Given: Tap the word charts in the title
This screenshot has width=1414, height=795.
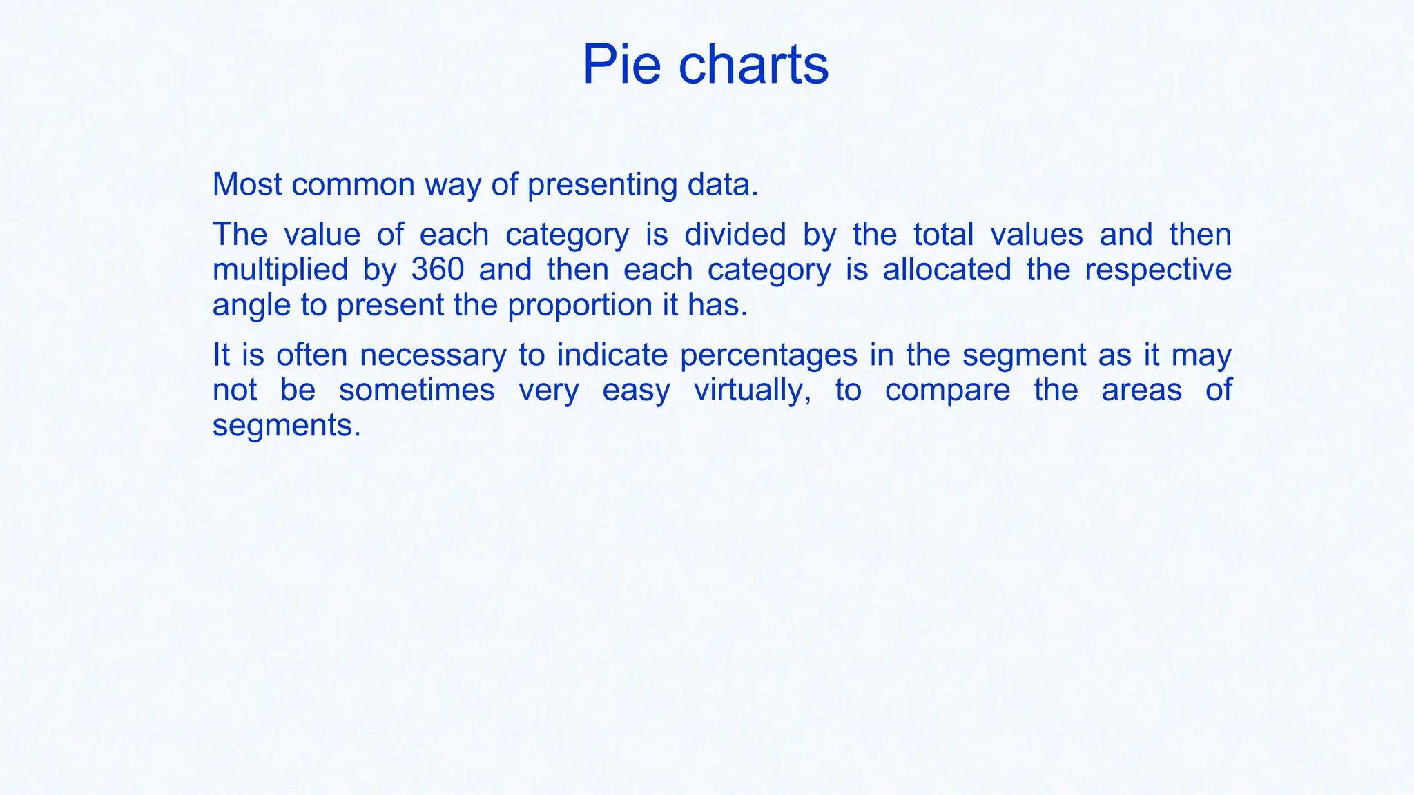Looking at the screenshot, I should [753, 65].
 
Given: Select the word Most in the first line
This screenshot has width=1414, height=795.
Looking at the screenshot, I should [247, 184].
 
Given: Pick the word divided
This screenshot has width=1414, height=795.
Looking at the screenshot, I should [735, 235].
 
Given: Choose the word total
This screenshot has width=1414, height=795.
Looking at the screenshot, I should [943, 235].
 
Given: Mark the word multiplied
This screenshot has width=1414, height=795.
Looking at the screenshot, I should [280, 270].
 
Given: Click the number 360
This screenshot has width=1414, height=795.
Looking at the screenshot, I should [438, 269].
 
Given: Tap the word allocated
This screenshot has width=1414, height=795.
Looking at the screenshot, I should [947, 269].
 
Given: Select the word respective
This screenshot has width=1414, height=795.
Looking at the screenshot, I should [1158, 270].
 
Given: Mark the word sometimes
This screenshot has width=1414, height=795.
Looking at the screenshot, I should [417, 390].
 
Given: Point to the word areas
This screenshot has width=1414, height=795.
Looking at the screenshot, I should [1141, 390].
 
